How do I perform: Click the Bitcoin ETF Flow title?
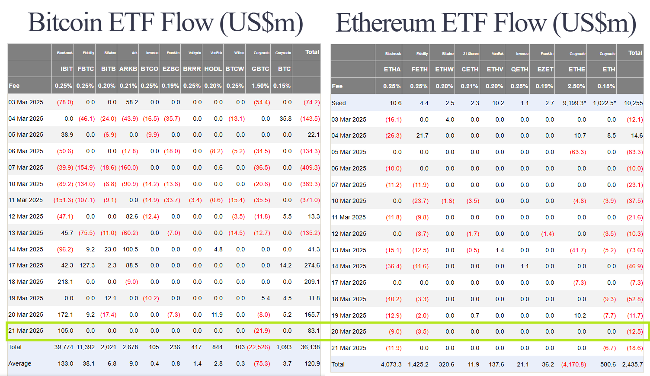click(x=165, y=22)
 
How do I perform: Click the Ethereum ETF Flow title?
click(x=486, y=23)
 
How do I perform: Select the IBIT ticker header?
click(x=67, y=69)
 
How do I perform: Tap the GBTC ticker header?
click(x=260, y=69)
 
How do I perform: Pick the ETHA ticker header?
click(x=392, y=69)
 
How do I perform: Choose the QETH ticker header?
click(x=519, y=69)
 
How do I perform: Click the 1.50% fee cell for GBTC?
click(x=260, y=86)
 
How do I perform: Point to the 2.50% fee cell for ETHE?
click(x=576, y=86)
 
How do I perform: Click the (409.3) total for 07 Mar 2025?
click(x=310, y=167)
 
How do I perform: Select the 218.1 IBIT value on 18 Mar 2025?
click(x=65, y=282)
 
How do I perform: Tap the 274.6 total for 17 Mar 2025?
click(x=312, y=265)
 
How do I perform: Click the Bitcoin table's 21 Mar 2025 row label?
click(x=26, y=331)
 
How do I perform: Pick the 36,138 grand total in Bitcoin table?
click(x=310, y=347)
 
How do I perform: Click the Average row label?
click(x=20, y=363)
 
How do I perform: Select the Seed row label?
click(x=339, y=103)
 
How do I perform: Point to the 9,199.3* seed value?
click(x=574, y=103)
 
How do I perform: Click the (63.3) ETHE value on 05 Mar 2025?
click(x=578, y=152)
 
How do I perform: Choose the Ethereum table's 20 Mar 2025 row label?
click(x=349, y=331)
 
